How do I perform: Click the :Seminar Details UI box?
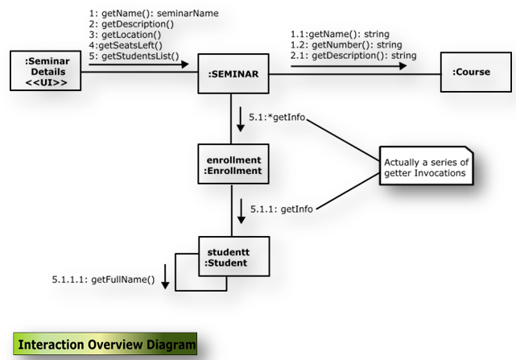click(x=45, y=72)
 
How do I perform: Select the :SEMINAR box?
click(x=233, y=74)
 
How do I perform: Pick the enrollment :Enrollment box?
click(x=233, y=163)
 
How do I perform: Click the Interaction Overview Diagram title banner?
click(x=105, y=345)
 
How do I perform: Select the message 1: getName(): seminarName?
click(x=154, y=14)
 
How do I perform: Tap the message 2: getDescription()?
click(x=130, y=24)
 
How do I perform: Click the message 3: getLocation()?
click(x=126, y=35)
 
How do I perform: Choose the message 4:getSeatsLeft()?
click(x=126, y=45)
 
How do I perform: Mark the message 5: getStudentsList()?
click(x=134, y=56)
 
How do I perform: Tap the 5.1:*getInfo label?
click(x=280, y=118)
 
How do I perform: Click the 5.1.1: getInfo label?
click(x=281, y=209)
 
